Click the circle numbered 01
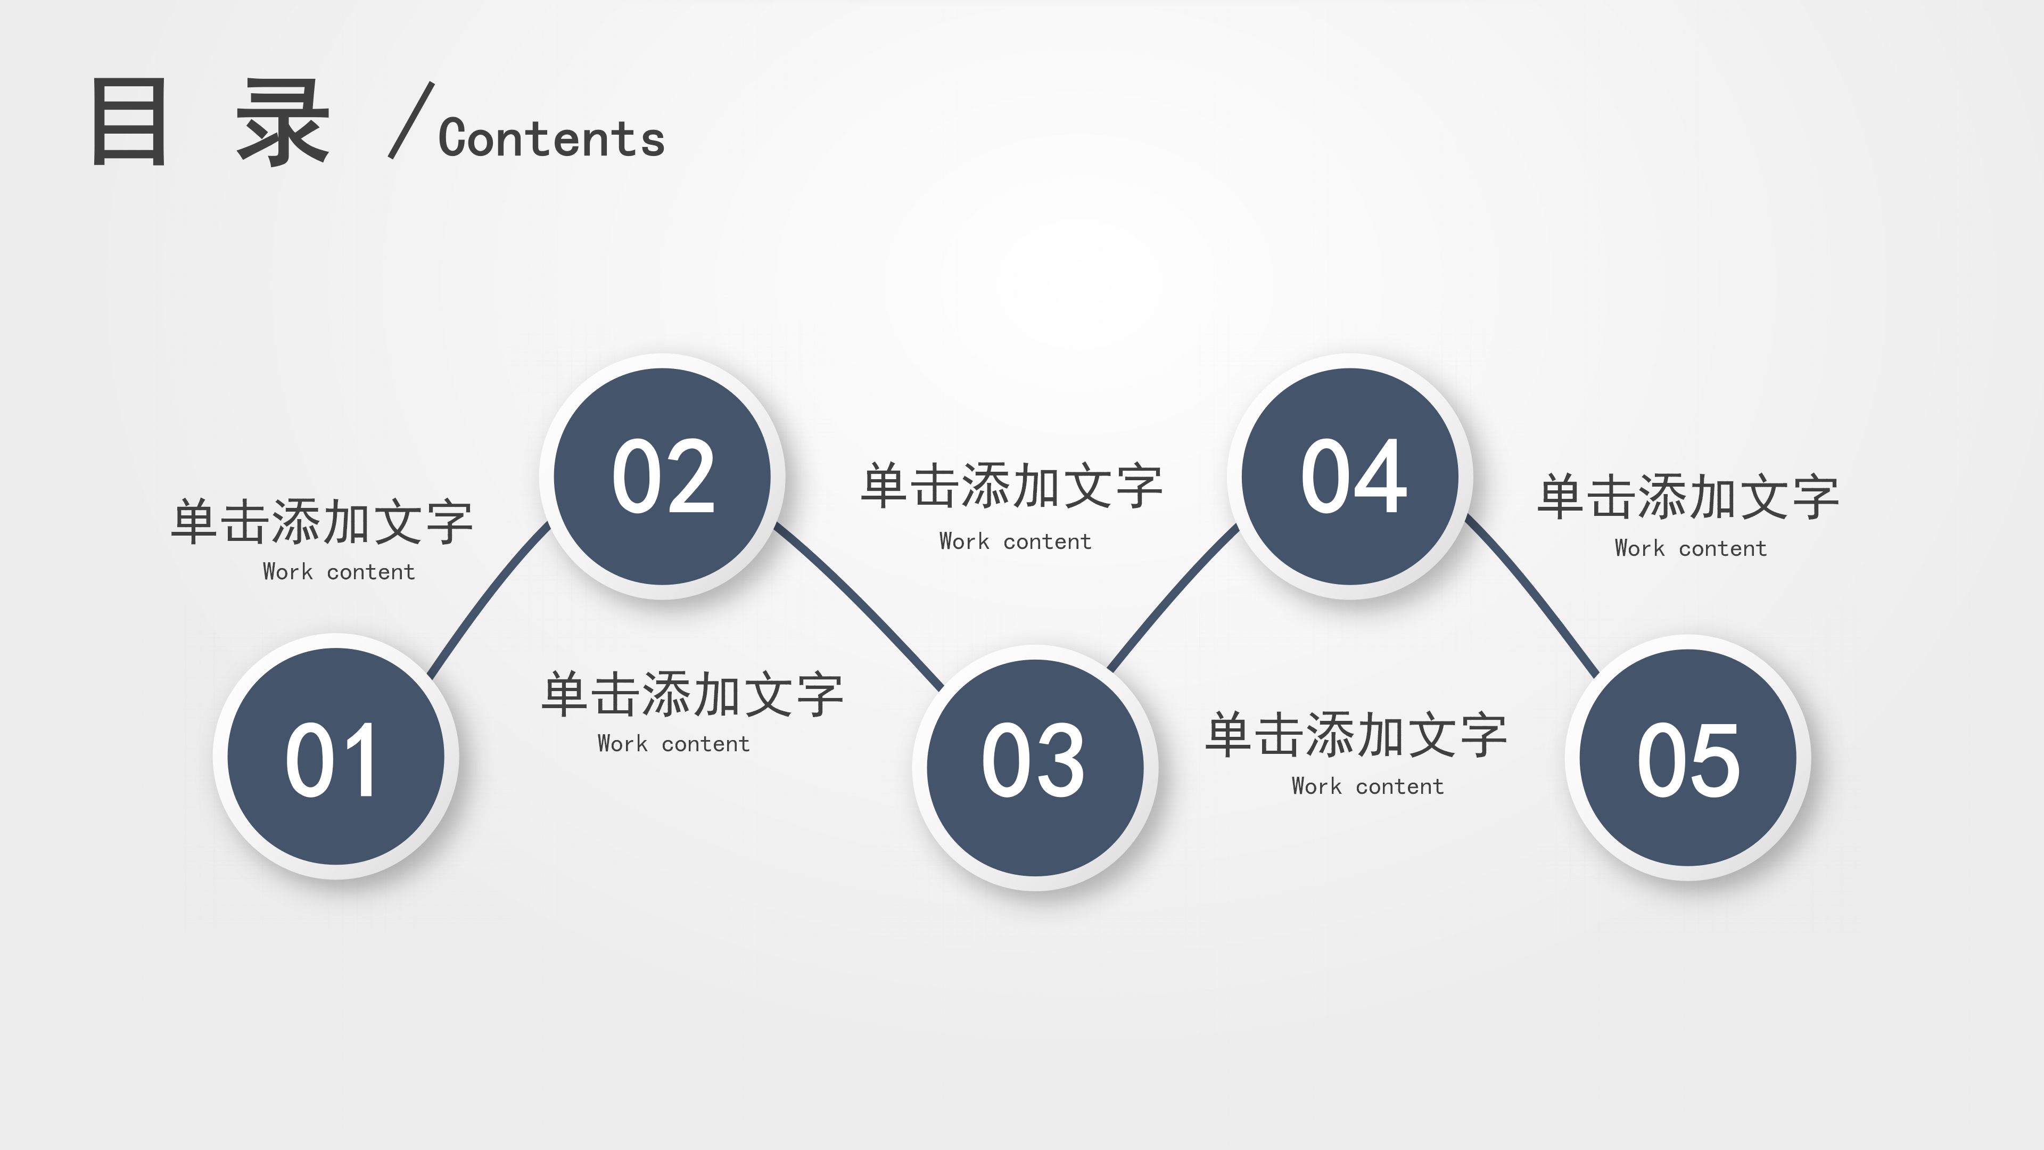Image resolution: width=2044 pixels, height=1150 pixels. pos(336,757)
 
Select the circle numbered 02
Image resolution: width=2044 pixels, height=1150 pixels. pos(663,476)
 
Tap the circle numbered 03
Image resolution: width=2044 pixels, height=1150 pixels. pos(1035,767)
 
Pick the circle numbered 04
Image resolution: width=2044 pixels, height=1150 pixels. pos(1350,476)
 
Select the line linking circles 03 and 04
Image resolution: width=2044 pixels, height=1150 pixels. pos(1173,595)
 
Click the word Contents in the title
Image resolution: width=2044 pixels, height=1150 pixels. pos(551,139)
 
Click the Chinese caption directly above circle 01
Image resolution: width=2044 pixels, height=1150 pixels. pos(322,522)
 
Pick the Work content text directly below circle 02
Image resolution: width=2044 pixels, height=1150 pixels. pos(673,744)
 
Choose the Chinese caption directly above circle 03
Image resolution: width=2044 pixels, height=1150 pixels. pos(1012,486)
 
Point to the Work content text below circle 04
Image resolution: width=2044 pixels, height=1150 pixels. pos(1367,786)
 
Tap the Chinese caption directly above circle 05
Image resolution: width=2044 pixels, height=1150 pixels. pos(1688,498)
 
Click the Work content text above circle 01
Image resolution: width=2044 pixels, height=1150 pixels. pos(339,571)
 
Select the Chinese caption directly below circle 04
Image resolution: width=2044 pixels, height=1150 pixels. pos(1356,735)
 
